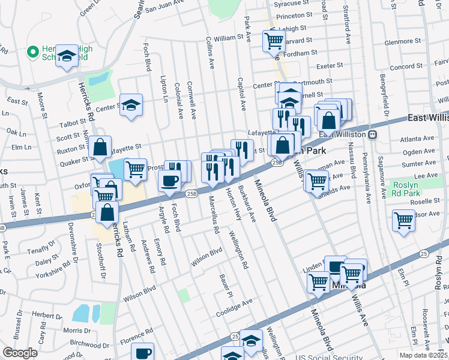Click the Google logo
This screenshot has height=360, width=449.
(20, 353)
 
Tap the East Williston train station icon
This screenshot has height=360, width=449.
(373, 134)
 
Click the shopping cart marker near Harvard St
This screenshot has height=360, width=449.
(274, 41)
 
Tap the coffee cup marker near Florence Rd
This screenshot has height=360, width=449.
(143, 353)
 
